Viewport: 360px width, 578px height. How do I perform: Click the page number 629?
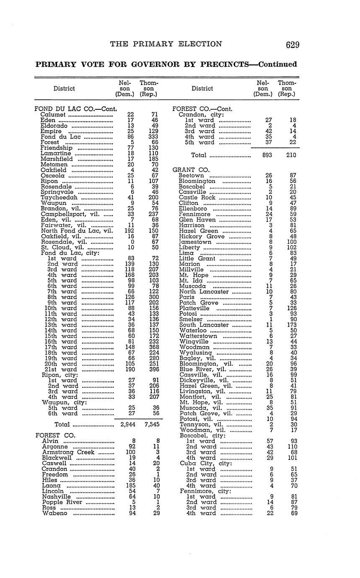pos(293,45)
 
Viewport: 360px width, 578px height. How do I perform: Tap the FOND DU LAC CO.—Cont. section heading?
pos(75,109)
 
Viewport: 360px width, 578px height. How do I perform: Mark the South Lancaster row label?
pos(204,325)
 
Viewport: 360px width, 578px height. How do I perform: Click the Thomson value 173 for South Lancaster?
pos(293,325)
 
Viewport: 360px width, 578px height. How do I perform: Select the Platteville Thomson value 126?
pos(293,308)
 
